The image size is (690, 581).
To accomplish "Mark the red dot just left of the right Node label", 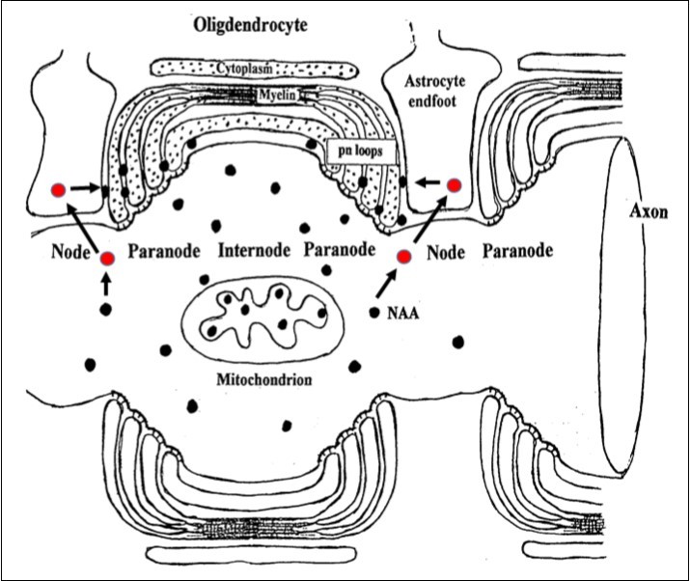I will click(403, 256).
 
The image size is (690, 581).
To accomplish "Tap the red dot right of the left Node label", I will click(106, 258).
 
